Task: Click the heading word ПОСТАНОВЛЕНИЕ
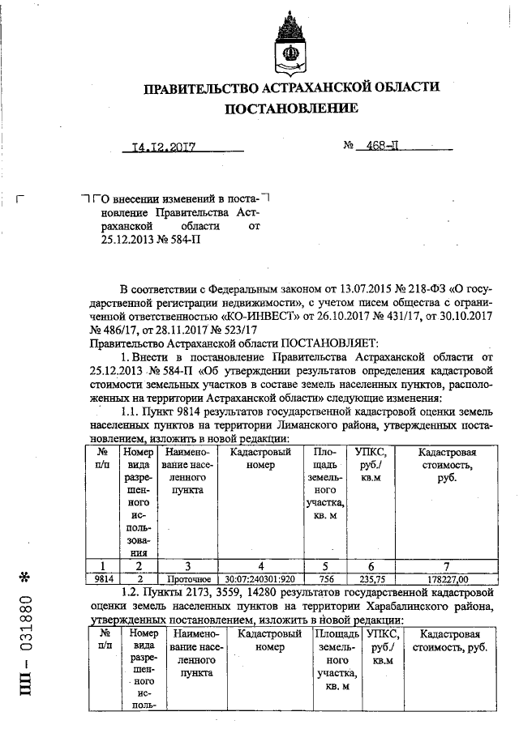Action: pos(290,108)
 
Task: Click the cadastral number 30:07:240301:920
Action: pos(260,579)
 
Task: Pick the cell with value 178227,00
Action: pos(448,579)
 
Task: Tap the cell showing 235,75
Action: pos(371,579)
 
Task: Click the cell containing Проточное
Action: pos(189,579)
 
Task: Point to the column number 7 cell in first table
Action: pos(448,566)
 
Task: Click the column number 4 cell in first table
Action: pos(260,566)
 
